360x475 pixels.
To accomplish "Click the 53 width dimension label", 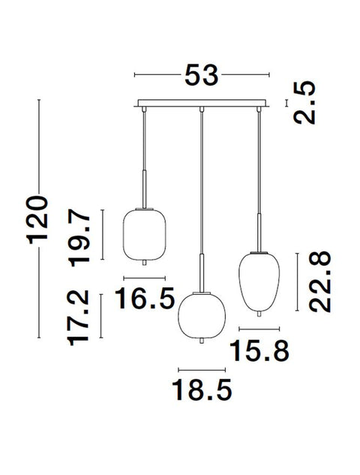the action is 201,75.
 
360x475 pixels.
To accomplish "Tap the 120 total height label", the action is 38,220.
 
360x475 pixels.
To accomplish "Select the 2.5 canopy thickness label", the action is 304,102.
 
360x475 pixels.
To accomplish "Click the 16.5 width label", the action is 145,298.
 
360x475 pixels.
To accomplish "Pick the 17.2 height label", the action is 79,317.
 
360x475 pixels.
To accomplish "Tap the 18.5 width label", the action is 202,389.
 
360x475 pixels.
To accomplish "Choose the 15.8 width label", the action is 259,350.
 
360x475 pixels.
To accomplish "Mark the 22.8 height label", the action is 320,281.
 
